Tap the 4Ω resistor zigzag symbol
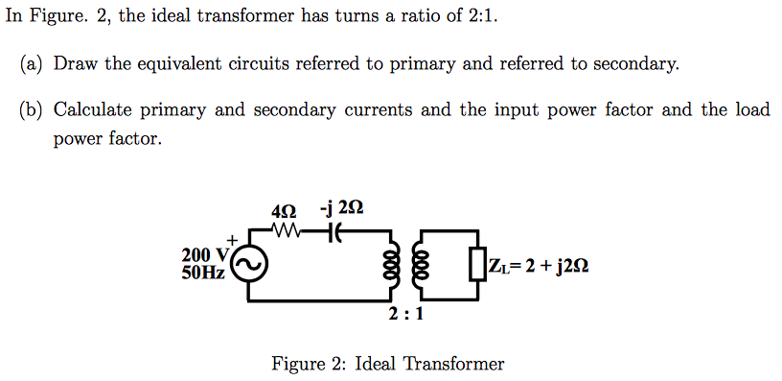coord(287,231)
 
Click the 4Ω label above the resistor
coord(286,210)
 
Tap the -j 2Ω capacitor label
coord(342,209)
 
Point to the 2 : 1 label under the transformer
coord(407,314)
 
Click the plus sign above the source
coord(231,238)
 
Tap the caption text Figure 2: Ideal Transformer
coord(388,364)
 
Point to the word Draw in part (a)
coord(73,64)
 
